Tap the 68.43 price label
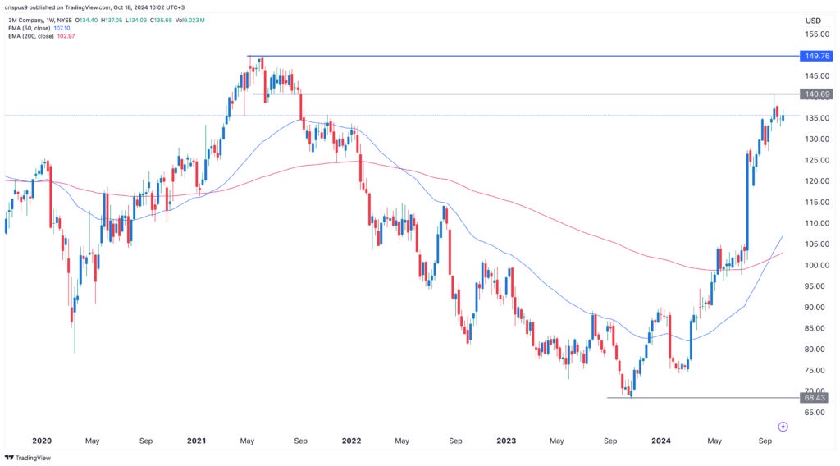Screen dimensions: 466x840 (815, 398)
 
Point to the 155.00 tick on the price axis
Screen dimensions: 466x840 (814, 34)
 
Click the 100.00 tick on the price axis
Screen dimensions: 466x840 (814, 265)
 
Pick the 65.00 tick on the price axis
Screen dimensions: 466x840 (815, 413)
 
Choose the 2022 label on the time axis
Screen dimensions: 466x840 (351, 441)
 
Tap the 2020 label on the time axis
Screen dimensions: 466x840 (41, 441)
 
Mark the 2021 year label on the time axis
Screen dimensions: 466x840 (196, 441)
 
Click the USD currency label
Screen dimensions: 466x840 (814, 21)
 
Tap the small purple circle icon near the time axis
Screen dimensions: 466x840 (783, 427)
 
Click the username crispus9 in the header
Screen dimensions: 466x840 (20, 7)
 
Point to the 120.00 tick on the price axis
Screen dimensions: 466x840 (814, 181)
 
